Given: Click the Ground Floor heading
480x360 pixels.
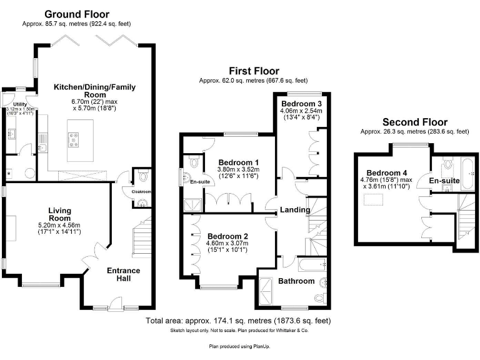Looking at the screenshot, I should [77, 14].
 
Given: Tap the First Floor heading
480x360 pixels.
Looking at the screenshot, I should [253, 70].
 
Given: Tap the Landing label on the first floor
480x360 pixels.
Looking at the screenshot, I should [294, 209].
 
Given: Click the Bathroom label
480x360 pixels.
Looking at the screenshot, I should [296, 281].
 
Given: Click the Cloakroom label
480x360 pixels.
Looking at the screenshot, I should [141, 192].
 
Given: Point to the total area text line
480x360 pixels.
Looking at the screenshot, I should [239, 321].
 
